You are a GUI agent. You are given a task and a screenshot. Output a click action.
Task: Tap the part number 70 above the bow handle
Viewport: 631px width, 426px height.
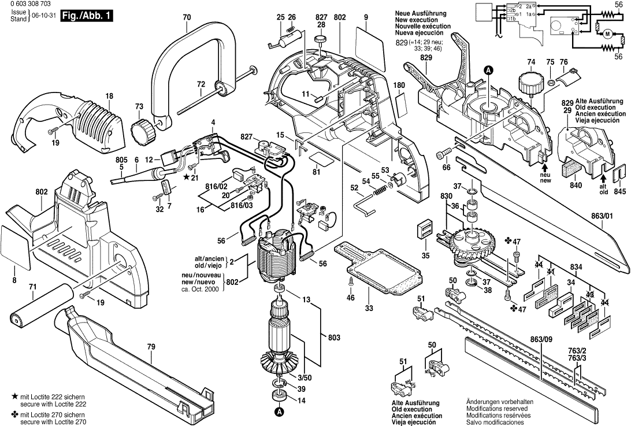(187, 18)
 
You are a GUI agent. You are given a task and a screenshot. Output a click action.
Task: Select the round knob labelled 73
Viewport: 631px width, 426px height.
(143, 131)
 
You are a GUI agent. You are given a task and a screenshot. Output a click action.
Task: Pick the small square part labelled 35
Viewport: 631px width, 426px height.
(425, 230)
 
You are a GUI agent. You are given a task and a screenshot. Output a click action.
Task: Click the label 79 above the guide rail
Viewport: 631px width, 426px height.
(151, 347)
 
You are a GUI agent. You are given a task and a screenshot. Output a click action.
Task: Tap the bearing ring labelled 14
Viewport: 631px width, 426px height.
(279, 395)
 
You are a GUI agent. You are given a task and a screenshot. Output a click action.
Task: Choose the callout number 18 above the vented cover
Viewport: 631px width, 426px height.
(109, 96)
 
